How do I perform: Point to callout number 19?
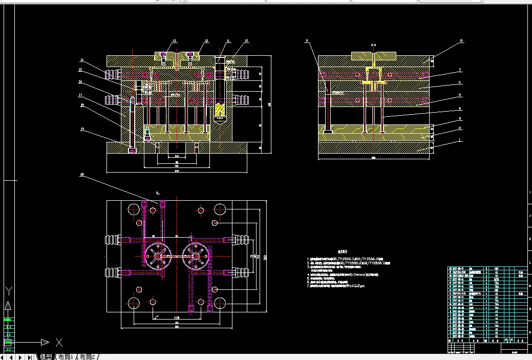[x=82, y=129]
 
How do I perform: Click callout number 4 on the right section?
[x=460, y=108]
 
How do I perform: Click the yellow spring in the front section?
[x=220, y=110]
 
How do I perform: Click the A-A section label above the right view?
[x=373, y=46]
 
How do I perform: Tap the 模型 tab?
[x=46, y=356]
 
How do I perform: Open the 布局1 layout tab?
[x=66, y=356]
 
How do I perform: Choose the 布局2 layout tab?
[x=88, y=356]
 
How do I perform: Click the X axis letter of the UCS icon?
[x=59, y=342]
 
